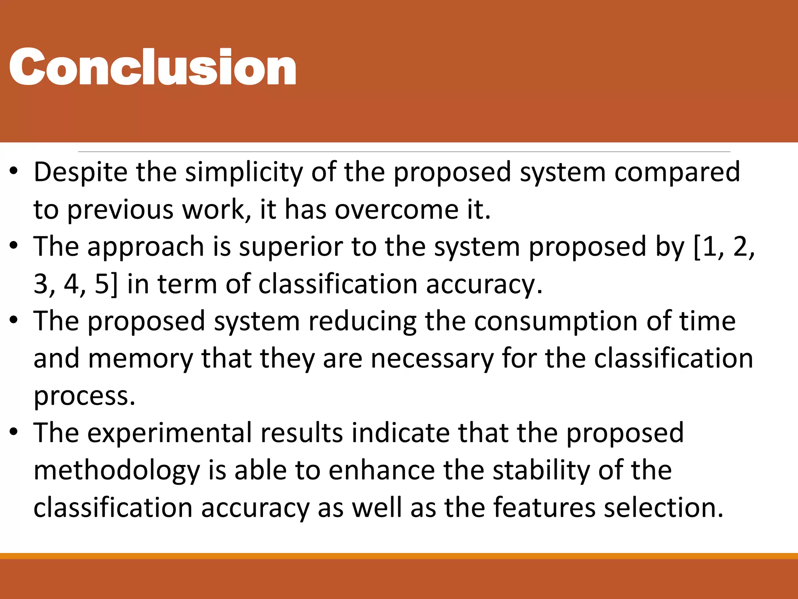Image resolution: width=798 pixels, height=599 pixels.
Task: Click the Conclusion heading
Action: tap(152, 67)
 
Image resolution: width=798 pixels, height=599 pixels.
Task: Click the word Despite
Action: tap(80, 172)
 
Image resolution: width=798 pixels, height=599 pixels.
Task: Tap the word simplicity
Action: tap(244, 172)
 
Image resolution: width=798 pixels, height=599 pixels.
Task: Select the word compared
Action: tap(677, 172)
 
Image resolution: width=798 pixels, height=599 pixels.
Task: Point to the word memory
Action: tap(140, 359)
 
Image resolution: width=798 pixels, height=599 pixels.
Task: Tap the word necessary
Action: tap(432, 359)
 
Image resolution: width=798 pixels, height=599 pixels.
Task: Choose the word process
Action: tap(84, 397)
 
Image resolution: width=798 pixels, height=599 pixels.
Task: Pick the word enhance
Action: tap(381, 470)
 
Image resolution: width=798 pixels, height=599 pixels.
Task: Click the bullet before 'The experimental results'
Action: tap(14, 432)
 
